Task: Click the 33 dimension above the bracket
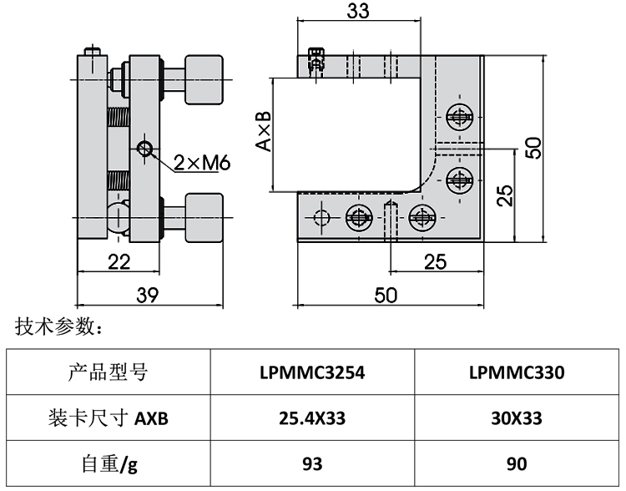tap(357, 11)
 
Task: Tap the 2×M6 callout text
tap(202, 163)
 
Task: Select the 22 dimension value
tap(119, 261)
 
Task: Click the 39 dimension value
tap(148, 295)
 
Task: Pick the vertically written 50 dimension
tap(534, 147)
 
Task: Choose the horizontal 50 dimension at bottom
tap(386, 295)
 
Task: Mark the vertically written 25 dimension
tap(504, 197)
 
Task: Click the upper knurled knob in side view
tap(204, 79)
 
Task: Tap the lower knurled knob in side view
tap(204, 216)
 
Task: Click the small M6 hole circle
tap(146, 149)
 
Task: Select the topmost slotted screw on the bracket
tap(457, 116)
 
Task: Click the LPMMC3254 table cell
tap(312, 372)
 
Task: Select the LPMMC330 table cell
tap(517, 372)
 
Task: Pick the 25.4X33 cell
tap(312, 418)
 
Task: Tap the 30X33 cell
tap(517, 418)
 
